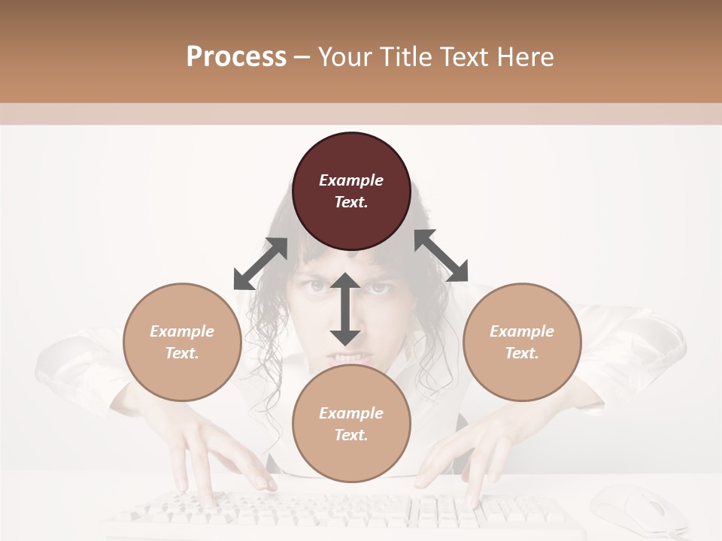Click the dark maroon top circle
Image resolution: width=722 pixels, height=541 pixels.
[351, 192]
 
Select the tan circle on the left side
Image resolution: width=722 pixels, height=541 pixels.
[182, 342]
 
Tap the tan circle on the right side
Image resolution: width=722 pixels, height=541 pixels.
[522, 342]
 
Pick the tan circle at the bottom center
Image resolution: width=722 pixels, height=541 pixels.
[351, 424]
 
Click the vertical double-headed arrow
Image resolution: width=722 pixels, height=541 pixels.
[345, 309]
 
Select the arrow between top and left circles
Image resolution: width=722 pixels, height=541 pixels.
[261, 264]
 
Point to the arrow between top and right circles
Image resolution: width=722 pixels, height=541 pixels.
[441, 255]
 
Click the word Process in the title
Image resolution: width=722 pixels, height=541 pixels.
[236, 56]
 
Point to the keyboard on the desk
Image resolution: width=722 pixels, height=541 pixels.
[338, 515]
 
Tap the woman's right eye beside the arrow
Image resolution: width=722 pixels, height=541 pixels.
[378, 287]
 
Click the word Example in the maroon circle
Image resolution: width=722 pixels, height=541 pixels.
[351, 180]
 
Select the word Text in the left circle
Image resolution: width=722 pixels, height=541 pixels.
[182, 353]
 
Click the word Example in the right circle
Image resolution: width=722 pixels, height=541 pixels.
[522, 331]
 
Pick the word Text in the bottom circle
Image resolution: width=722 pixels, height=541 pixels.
[351, 435]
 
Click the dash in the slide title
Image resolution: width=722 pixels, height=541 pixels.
[302, 57]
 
